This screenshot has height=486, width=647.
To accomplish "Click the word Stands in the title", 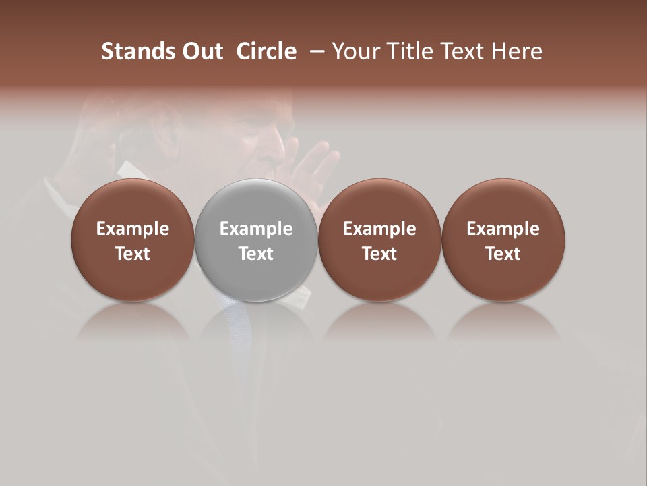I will (129, 51).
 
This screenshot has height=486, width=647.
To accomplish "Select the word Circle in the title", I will (266, 51).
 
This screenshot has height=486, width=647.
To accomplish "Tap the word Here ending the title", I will (517, 51).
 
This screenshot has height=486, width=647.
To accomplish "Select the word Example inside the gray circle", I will (256, 229).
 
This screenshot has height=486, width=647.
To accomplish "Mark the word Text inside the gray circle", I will (256, 254).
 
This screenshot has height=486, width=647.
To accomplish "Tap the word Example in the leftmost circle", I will (132, 229).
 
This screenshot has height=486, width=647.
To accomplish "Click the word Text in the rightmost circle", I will (503, 254).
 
